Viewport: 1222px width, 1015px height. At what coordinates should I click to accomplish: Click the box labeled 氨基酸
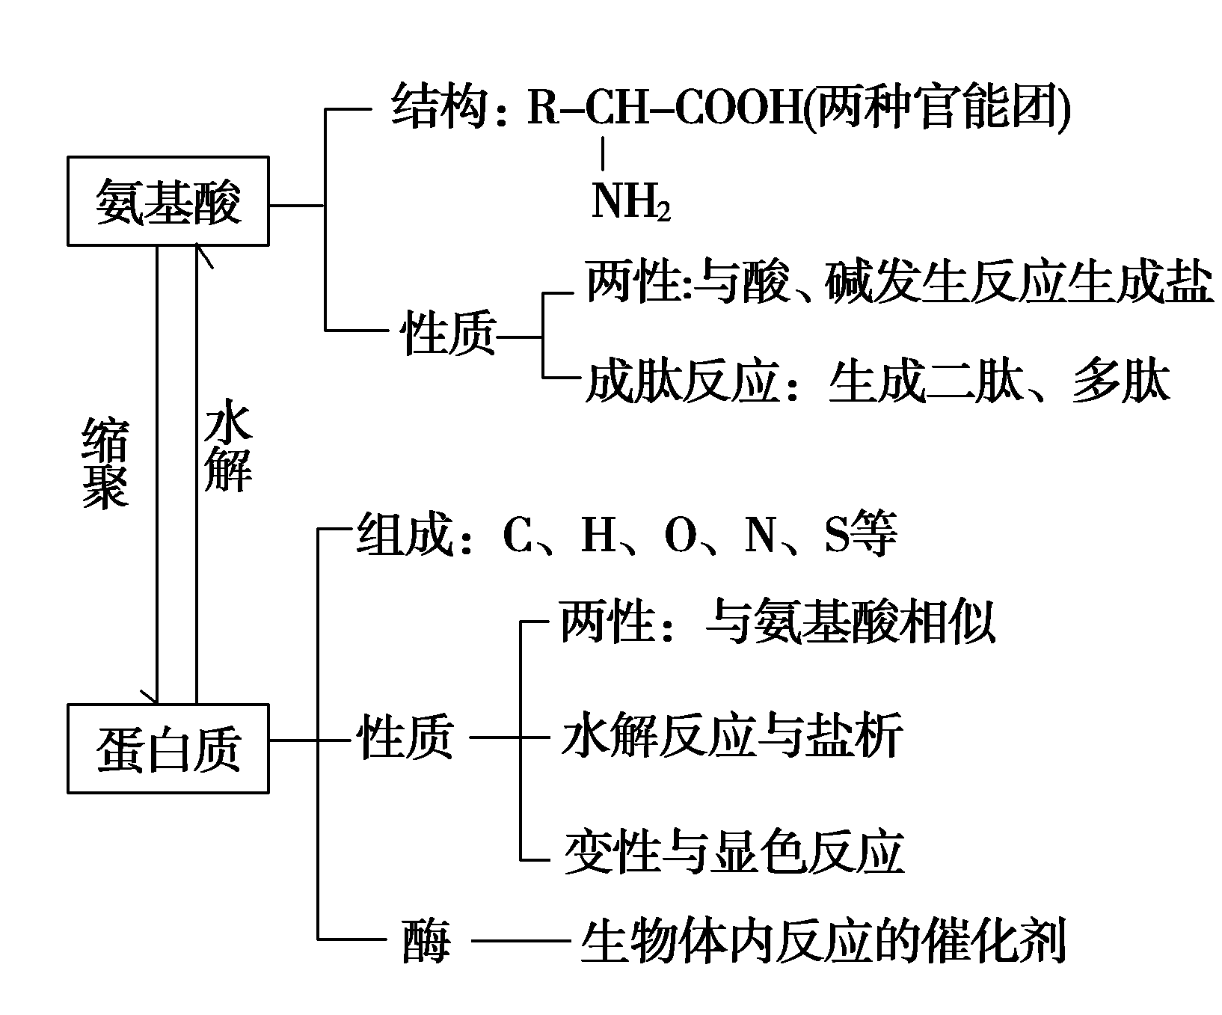click(x=168, y=201)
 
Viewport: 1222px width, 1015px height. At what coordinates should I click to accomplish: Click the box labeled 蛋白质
click(x=168, y=748)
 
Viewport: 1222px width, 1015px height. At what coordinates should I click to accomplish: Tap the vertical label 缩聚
click(x=104, y=464)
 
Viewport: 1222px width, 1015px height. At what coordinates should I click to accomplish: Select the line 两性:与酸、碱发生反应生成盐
click(x=897, y=283)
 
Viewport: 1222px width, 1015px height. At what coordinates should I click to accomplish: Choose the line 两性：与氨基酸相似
click(x=778, y=623)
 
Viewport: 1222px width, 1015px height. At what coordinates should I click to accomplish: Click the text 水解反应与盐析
click(x=731, y=738)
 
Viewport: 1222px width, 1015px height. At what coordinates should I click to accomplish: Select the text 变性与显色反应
click(x=733, y=853)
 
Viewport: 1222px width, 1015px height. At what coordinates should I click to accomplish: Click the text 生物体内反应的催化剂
click(x=823, y=941)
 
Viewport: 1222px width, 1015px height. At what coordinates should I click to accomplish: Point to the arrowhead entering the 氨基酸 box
click(x=200, y=251)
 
